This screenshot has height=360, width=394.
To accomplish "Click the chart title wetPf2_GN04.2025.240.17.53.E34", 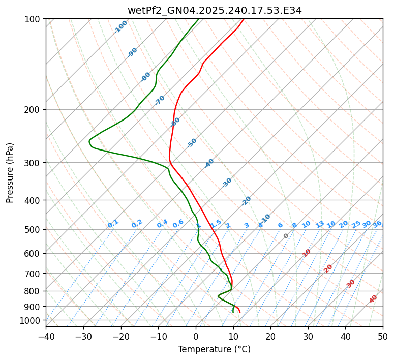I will point(214,10).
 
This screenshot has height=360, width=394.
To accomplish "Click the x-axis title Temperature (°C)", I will point(214,350).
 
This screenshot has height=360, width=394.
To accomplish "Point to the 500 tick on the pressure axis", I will point(34,230).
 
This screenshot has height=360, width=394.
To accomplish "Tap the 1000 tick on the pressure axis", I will point(32,320).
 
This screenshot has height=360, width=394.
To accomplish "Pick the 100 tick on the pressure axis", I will point(34,19).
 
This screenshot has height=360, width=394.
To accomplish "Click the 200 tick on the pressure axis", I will point(34,110).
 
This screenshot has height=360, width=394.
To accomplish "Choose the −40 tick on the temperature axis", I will point(46,337).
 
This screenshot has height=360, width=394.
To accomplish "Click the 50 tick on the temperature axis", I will point(383,337).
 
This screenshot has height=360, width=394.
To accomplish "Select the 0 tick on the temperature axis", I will point(196,337).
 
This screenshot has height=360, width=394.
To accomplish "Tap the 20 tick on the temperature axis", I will point(270,337).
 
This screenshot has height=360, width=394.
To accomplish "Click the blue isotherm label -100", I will point(120,27).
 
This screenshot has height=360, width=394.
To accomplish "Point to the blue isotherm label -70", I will point(160,100).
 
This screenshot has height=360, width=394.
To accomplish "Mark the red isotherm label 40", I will point(373,299).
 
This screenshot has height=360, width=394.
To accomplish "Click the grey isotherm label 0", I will point(286,236).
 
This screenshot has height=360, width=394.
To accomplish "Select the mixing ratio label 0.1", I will point(113,224).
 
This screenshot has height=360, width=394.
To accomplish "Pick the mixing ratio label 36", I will point(377,224).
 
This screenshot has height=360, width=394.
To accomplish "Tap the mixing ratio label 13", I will point(320,224).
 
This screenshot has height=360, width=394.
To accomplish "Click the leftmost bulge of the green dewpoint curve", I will point(89,141).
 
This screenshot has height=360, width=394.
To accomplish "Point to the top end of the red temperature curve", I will point(243,19).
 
